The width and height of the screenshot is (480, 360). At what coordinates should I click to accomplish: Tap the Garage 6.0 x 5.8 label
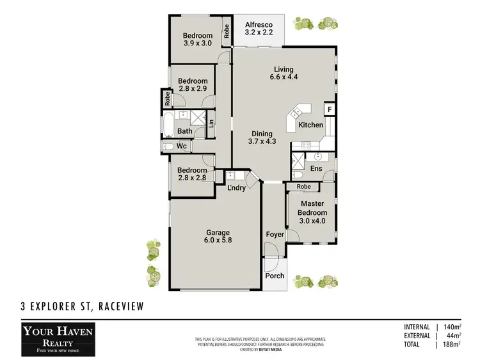tap(218, 237)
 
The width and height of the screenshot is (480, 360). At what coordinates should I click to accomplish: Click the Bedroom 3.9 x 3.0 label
tap(198, 40)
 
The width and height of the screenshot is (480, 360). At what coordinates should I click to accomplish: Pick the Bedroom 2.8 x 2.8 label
tap(193, 175)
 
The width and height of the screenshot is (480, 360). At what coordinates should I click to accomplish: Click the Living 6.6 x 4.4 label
tap(284, 74)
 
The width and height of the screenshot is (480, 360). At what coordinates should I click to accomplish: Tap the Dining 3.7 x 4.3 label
tap(262, 137)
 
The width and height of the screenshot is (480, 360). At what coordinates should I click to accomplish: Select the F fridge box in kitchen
tap(329, 109)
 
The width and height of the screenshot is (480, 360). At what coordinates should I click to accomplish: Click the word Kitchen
tap(311, 125)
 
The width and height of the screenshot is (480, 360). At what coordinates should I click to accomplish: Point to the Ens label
tap(316, 168)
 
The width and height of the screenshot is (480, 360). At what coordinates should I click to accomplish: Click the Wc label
tap(182, 146)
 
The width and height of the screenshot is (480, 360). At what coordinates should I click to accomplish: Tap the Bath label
tap(185, 132)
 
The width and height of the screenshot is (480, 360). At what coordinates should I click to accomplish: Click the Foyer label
tap(275, 235)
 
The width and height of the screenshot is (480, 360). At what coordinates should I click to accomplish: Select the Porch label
tap(275, 276)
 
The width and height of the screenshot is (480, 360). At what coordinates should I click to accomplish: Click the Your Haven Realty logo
tap(58, 338)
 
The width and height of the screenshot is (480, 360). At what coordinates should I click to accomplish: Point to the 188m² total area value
tap(451, 345)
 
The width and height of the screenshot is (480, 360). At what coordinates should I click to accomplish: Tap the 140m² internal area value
tap(451, 327)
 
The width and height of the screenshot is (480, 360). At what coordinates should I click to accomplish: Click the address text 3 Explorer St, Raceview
tap(81, 308)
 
